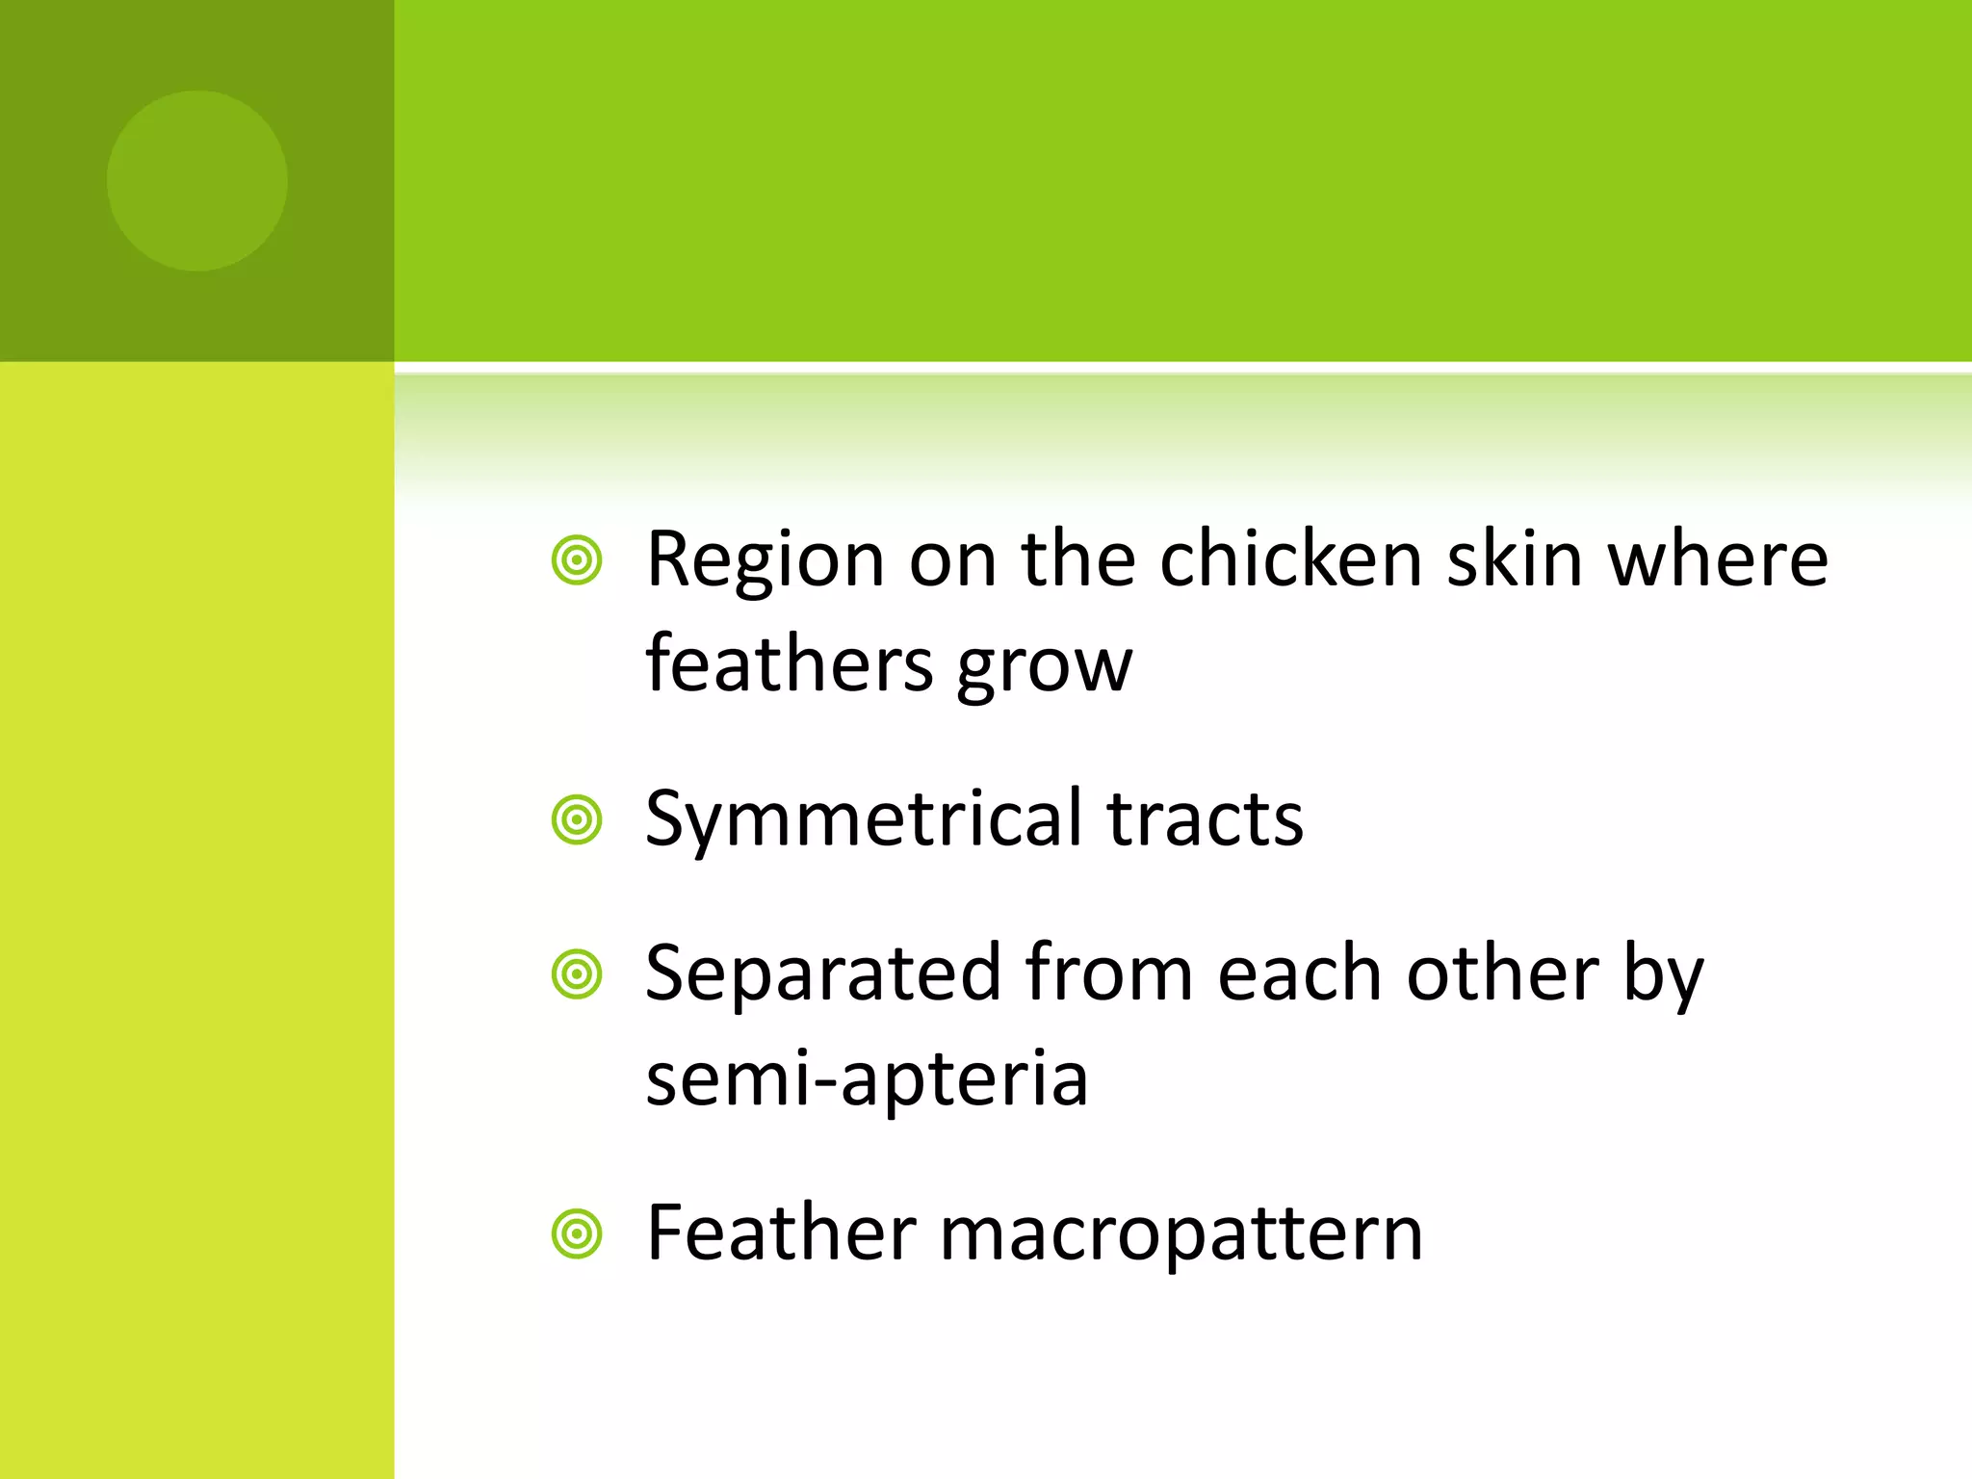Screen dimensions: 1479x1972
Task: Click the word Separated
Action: [x=823, y=974]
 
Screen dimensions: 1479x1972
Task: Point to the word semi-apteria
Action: [x=867, y=1078]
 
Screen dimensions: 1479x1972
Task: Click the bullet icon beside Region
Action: [x=577, y=560]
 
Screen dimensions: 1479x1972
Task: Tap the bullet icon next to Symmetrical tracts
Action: [x=577, y=820]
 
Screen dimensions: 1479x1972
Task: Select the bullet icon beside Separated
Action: [x=577, y=974]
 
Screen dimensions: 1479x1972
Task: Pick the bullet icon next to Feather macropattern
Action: [x=577, y=1233]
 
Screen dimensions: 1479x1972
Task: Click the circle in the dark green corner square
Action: [x=196, y=181]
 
